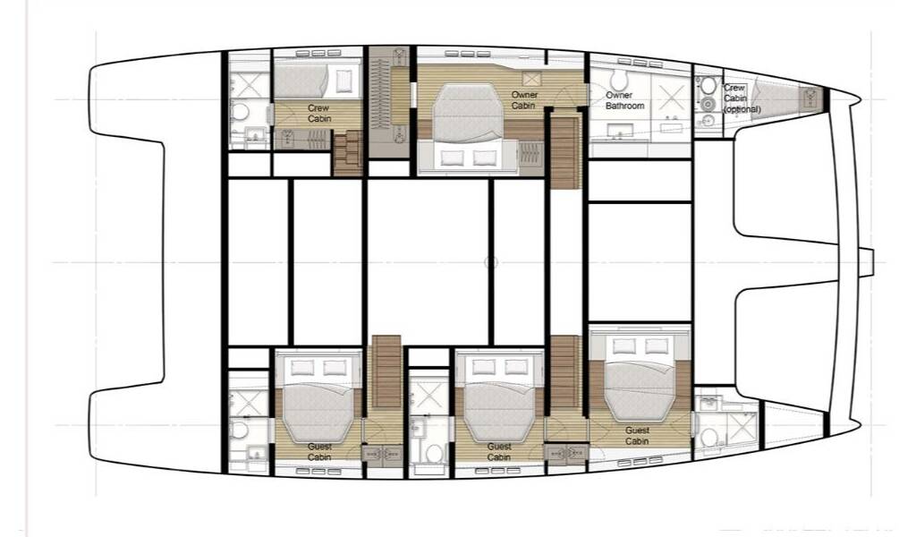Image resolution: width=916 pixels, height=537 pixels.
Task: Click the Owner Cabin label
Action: click(524, 100)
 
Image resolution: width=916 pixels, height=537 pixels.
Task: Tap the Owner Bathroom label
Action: click(624, 100)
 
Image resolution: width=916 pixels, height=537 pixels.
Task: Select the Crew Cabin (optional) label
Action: click(742, 98)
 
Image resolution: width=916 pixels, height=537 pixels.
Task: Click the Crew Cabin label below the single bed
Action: click(319, 114)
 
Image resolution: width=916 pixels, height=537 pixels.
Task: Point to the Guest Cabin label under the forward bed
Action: click(637, 435)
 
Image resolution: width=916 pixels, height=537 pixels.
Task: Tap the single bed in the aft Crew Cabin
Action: click(318, 81)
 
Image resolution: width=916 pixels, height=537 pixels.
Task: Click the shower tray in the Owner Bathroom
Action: click(671, 97)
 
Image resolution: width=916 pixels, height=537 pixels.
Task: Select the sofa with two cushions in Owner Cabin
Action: click(467, 157)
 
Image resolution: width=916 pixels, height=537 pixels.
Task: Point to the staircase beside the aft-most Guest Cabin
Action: click(386, 371)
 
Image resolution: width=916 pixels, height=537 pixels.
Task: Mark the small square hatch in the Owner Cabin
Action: click(531, 79)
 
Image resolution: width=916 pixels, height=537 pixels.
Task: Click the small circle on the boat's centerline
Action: click(491, 262)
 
